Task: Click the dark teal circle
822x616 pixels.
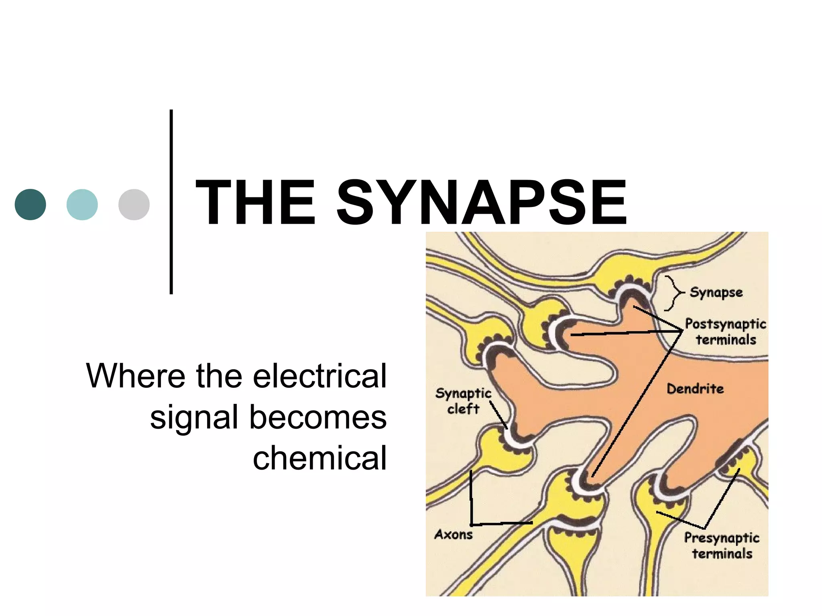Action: click(x=31, y=205)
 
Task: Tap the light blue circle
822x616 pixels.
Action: click(x=82, y=205)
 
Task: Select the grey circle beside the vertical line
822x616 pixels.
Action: click(x=134, y=205)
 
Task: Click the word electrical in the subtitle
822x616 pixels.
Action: click(x=319, y=376)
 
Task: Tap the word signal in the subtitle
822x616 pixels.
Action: click(x=194, y=417)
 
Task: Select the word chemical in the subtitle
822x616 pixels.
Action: click(x=319, y=458)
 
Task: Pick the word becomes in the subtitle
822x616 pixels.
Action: click(x=318, y=417)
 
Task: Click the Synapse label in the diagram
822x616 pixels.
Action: click(x=716, y=292)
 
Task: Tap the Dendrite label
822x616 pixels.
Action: click(x=695, y=389)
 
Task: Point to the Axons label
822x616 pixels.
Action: click(x=454, y=535)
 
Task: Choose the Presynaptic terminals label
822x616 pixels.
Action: click(x=722, y=545)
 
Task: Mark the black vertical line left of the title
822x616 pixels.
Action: click(x=171, y=202)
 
